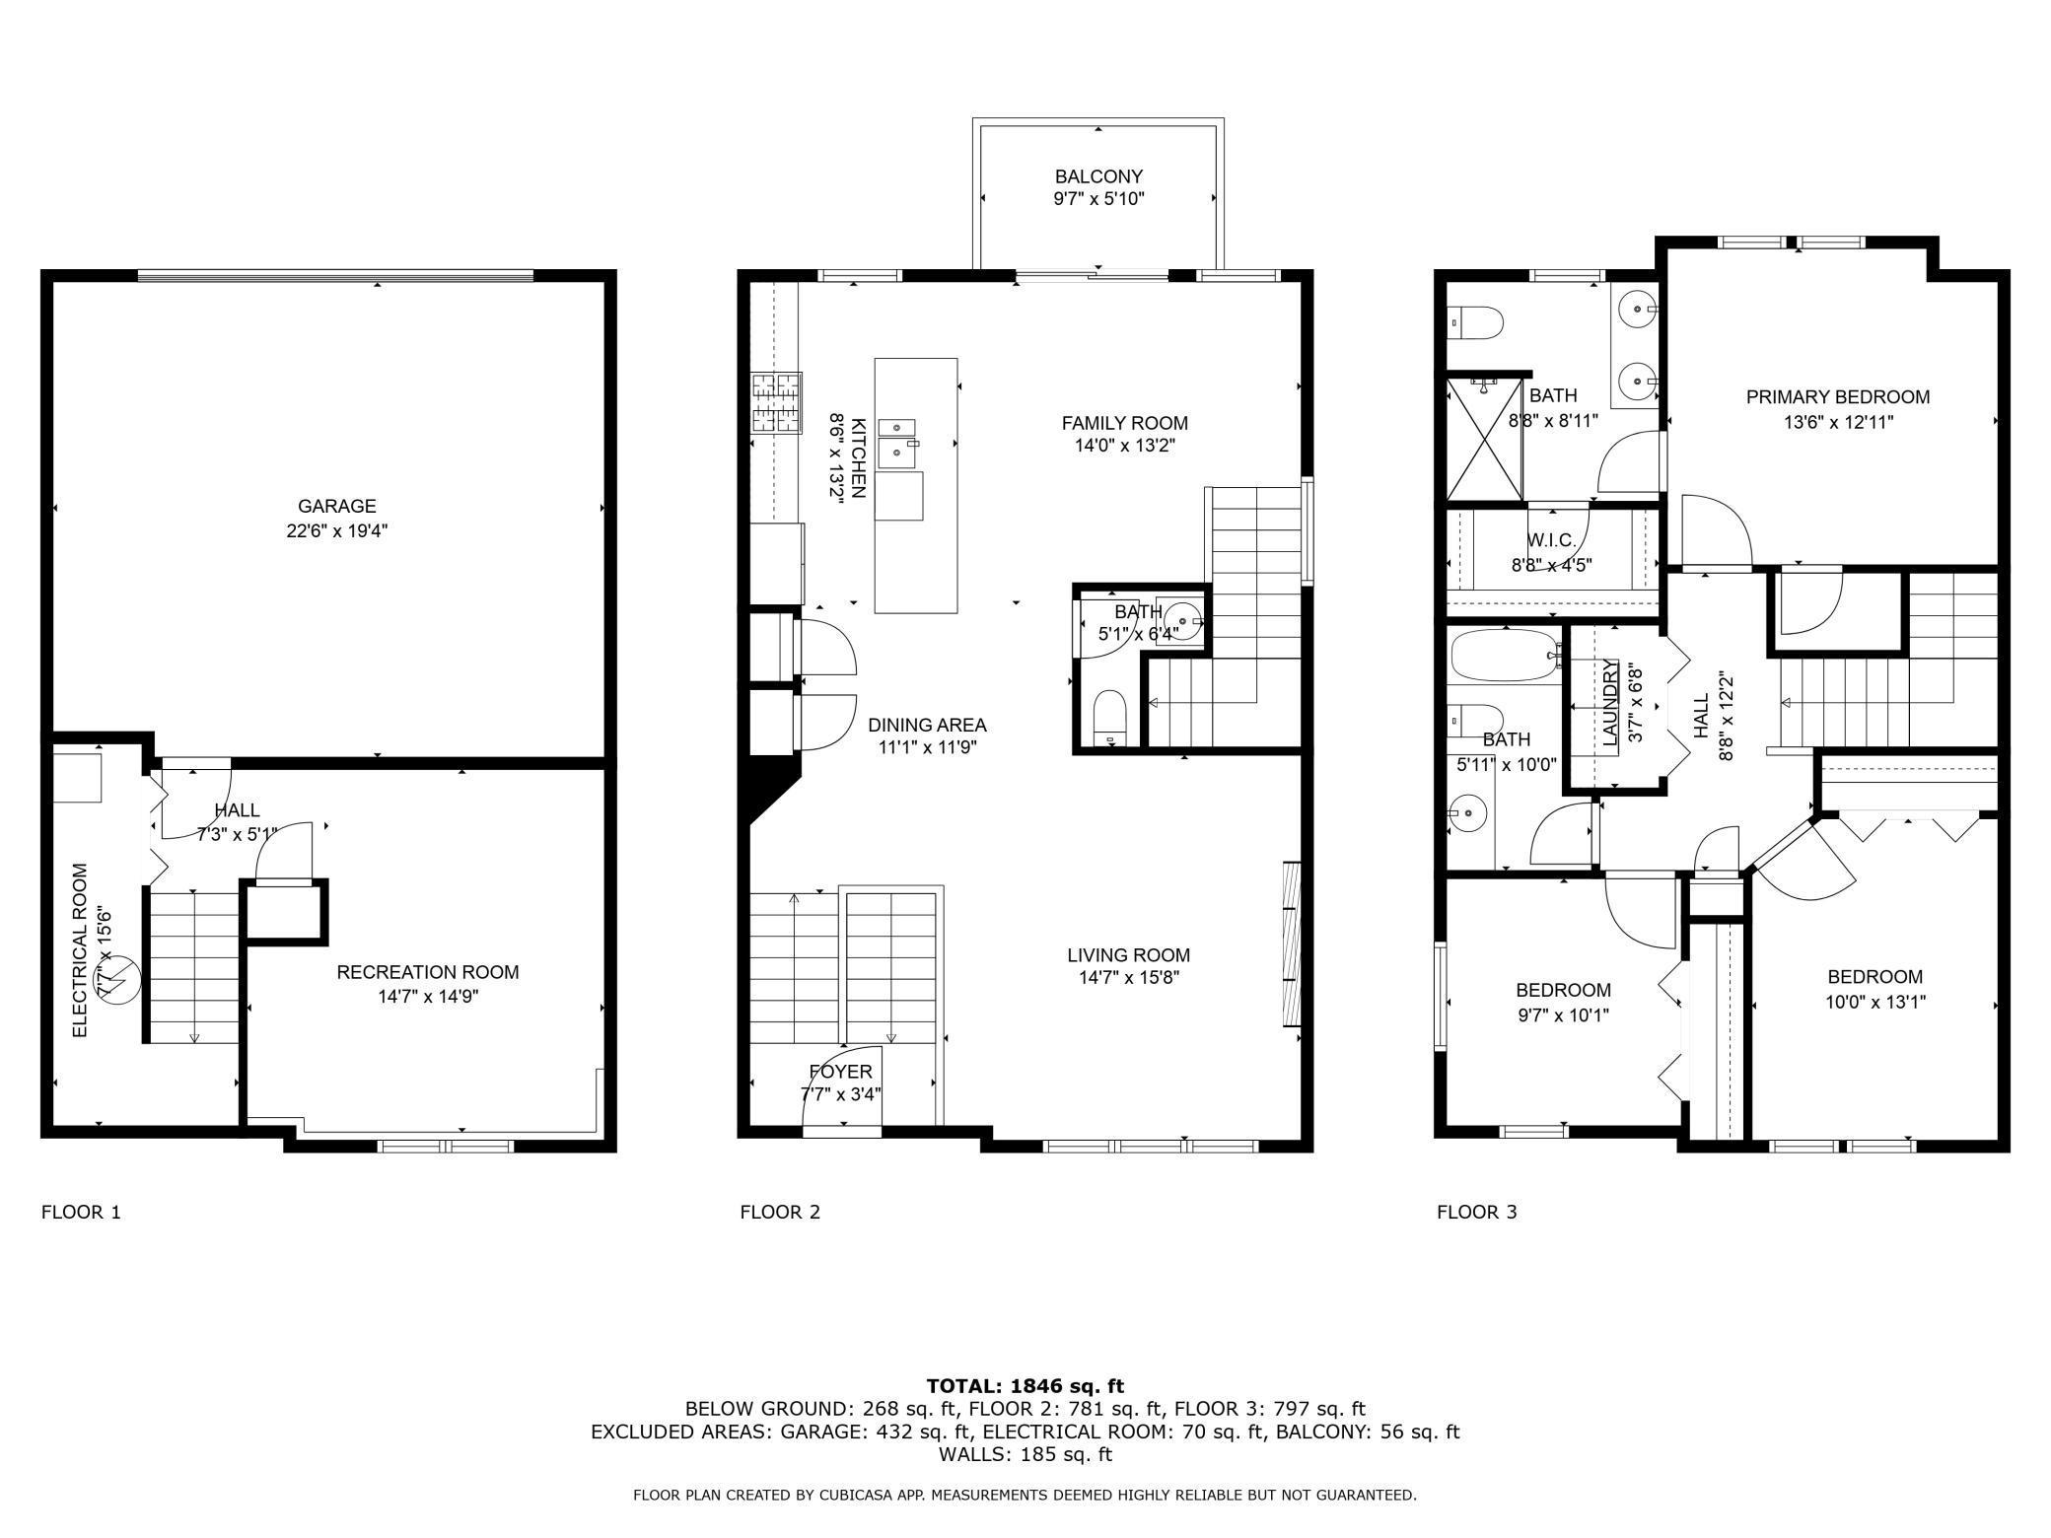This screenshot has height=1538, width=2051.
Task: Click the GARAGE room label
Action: coord(337,506)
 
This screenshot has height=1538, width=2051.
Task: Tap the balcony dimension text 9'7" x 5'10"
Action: coord(1098,199)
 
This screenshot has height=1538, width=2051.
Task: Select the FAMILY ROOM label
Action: coord(1124,423)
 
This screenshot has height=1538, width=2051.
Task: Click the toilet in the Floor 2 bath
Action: coord(1111,718)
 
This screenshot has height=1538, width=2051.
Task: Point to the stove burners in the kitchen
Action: coord(777,402)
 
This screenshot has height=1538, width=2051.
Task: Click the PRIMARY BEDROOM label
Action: coord(1838,397)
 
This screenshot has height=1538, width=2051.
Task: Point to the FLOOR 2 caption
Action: coord(780,1212)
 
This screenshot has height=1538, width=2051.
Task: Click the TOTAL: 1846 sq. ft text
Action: coord(1025,1386)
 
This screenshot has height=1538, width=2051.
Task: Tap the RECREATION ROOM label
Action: coord(428,972)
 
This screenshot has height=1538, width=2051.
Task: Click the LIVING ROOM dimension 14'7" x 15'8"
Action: coord(1129,978)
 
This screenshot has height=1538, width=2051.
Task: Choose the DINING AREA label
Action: coord(927,725)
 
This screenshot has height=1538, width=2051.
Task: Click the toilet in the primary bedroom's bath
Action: coord(1475,322)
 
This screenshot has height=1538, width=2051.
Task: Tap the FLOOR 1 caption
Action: coord(81,1212)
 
